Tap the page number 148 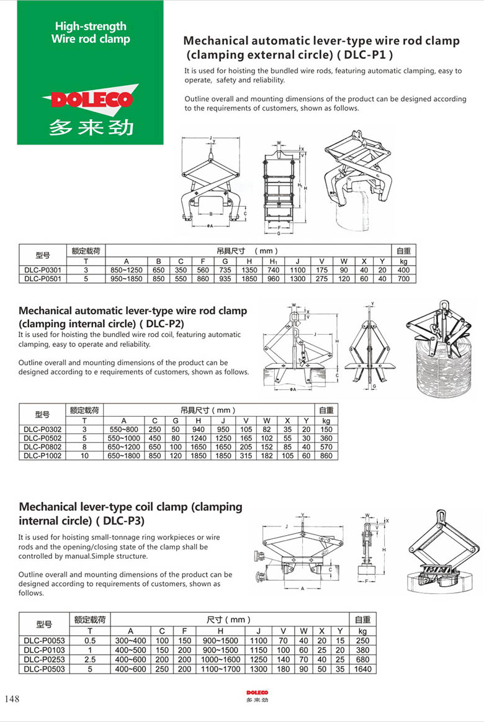tap(12, 699)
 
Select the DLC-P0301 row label tap(42, 270)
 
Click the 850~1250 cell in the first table tap(127, 270)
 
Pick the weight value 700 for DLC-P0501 tap(404, 279)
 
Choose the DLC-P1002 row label tap(43, 455)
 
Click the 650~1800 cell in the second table tap(124, 455)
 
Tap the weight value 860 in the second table tap(326, 455)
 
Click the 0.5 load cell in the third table tap(90, 641)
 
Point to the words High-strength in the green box tap(91, 26)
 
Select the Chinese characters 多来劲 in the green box tap(91, 127)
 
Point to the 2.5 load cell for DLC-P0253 tap(90, 659)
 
